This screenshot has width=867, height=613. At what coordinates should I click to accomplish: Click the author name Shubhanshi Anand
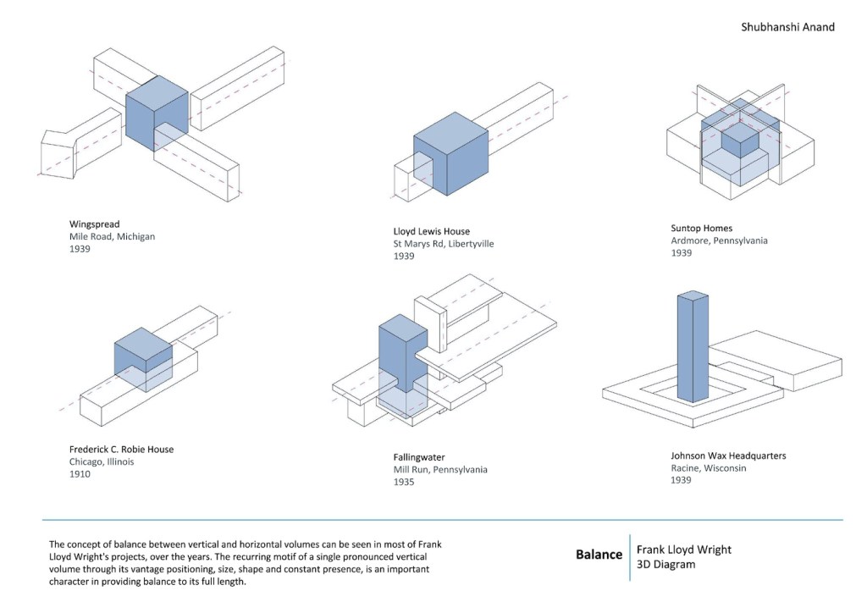point(787,27)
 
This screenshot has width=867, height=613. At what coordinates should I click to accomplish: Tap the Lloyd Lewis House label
point(431,231)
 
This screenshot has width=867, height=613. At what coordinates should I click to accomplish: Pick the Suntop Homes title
point(701,228)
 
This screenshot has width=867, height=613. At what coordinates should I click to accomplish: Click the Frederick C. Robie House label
point(121,449)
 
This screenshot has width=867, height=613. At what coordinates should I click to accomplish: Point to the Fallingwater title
point(419,457)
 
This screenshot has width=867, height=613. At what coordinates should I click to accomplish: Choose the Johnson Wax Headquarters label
point(728,456)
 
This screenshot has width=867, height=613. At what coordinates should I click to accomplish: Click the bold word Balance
point(599,555)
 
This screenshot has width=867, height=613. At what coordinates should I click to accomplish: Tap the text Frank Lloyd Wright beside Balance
point(683,549)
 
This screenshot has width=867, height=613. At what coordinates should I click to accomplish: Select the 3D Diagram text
point(665,565)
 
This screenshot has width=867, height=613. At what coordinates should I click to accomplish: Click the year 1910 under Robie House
point(80,474)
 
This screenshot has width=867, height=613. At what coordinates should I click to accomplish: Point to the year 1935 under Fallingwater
point(404,482)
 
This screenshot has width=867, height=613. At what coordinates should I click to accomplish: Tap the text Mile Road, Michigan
point(112,237)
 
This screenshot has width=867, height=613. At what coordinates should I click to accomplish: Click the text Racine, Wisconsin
point(708,468)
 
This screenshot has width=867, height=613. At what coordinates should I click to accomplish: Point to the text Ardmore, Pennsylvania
point(719,240)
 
